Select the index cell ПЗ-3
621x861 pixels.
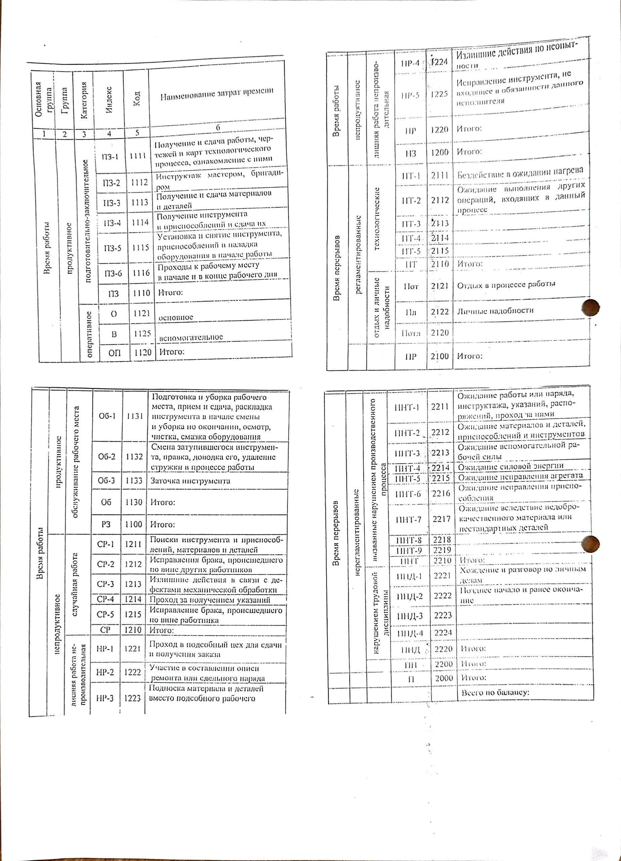[112, 203]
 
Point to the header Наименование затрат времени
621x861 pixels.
[217, 92]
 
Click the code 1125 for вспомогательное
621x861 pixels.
[142, 333]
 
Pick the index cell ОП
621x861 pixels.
[115, 353]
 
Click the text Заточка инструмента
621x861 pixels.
[190, 481]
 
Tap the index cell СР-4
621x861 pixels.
[105, 599]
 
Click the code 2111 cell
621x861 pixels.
[440, 175]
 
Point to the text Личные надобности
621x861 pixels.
[495, 310]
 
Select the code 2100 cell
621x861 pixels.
[440, 356]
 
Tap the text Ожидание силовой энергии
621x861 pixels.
[511, 466]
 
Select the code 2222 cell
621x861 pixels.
[443, 596]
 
